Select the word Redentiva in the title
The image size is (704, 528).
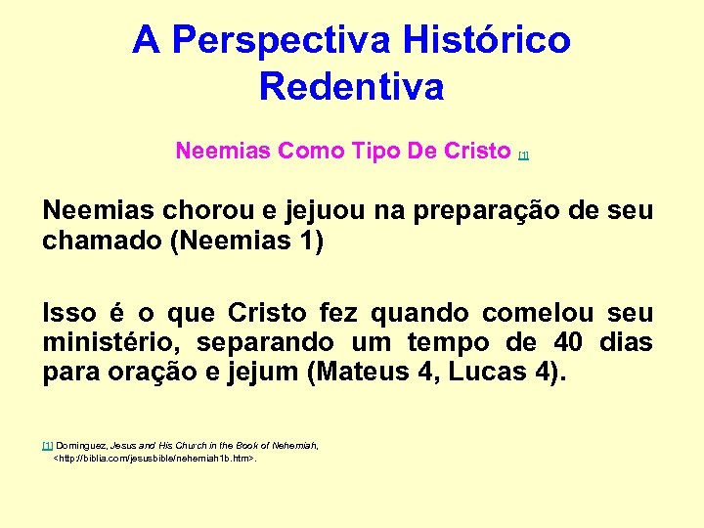pos(352,86)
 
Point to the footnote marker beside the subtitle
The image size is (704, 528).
pos(524,155)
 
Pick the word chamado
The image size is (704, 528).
pos(103,241)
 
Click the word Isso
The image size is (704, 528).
pos(69,313)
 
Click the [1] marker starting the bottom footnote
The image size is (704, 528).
pos(47,445)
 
